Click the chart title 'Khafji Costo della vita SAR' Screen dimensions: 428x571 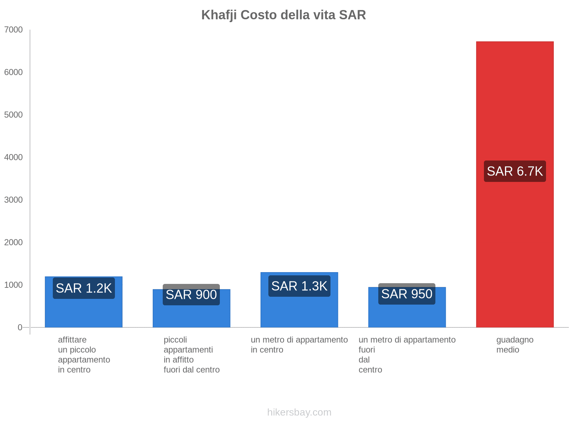pyautogui.click(x=283, y=15)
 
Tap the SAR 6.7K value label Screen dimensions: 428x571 pyautogui.click(x=515, y=171)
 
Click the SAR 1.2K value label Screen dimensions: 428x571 pyautogui.click(x=84, y=288)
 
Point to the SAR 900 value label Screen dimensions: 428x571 pyautogui.click(x=191, y=295)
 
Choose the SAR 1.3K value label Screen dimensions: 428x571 pyautogui.click(x=299, y=286)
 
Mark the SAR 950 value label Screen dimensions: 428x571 pyautogui.click(x=407, y=294)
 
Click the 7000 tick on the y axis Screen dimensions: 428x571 pyautogui.click(x=13, y=30)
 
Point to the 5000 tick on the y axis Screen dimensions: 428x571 pyautogui.click(x=13, y=115)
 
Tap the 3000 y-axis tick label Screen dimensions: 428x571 pyautogui.click(x=13, y=200)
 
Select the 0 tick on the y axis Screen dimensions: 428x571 pyautogui.click(x=20, y=327)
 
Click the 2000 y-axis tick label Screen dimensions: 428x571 pyautogui.click(x=13, y=243)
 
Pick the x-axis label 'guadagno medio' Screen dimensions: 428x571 pyautogui.click(x=515, y=345)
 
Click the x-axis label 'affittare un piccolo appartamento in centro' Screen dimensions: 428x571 pyautogui.click(x=84, y=355)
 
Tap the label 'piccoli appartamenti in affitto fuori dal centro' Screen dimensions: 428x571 pyautogui.click(x=191, y=355)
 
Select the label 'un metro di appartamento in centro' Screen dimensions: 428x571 pyautogui.click(x=299, y=345)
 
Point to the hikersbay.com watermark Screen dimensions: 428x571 pyautogui.click(x=299, y=412)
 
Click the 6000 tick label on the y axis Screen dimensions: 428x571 pyautogui.click(x=13, y=72)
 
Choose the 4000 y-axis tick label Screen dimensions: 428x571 pyautogui.click(x=13, y=157)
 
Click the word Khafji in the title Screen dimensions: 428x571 pyautogui.click(x=219, y=15)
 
